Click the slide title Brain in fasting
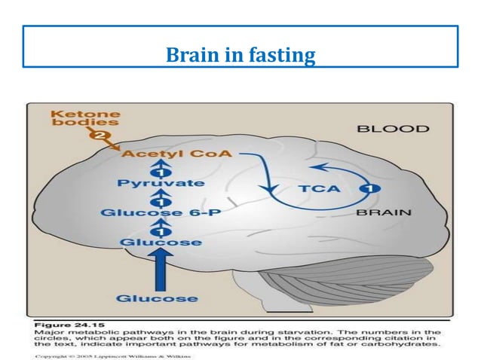240,55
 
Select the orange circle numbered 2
97,136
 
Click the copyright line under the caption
106,352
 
